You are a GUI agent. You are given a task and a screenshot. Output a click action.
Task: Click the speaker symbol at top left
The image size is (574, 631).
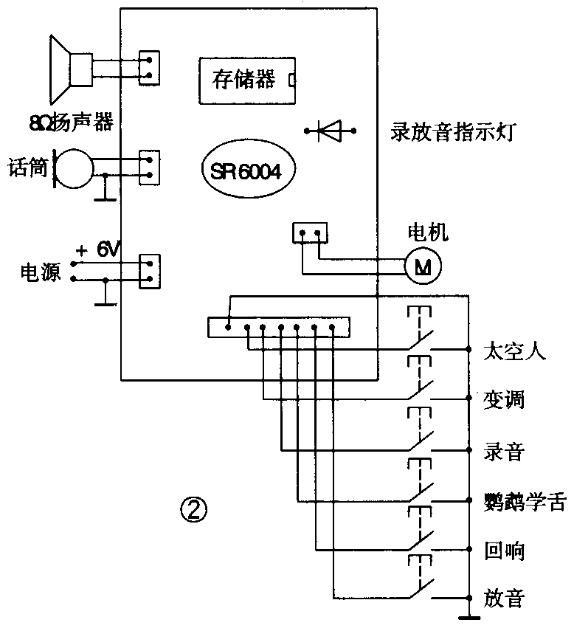tap(70, 67)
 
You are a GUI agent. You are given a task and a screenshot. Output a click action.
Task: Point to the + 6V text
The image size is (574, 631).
tap(97, 250)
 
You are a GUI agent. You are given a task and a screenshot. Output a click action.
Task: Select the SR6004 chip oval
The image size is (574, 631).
tap(246, 170)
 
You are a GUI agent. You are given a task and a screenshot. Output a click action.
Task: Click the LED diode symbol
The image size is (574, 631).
tap(330, 132)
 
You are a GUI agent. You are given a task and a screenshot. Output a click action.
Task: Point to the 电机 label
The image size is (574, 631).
tap(428, 234)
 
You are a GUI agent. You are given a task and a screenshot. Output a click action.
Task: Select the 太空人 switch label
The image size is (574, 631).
tap(514, 351)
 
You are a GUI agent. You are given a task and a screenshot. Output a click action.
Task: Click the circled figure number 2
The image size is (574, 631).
tap(193, 508)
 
